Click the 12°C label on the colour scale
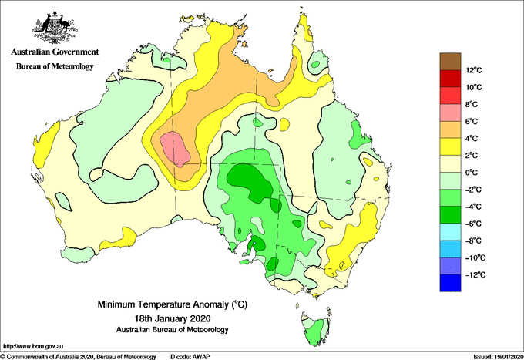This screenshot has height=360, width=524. pos(474,70)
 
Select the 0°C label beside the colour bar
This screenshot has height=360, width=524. pos(471,173)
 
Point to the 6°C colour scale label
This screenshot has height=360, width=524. pos(471,122)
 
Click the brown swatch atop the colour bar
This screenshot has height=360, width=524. pos(450,62)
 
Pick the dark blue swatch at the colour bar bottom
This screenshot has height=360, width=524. pos(450,283)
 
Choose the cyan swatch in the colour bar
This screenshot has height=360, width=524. pos(450,232)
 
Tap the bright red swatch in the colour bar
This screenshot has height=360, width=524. pos(450,96)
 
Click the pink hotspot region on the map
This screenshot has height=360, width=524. pos(175,149)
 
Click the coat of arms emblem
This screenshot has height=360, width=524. pos(55,28)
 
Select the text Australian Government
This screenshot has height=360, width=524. pos(55,52)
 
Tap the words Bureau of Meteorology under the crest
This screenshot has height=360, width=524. pos(55,66)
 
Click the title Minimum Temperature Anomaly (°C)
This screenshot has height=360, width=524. pos(172,304)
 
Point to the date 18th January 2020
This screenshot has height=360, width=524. pos(173,318)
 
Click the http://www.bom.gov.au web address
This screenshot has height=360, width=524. pos(33,346)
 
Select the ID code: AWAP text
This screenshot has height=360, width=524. pos(190,357)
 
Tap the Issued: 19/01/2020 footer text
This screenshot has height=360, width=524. pos(499,357)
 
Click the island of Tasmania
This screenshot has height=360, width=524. pos(316,329)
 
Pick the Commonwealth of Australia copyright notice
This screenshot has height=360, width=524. pos(79,357)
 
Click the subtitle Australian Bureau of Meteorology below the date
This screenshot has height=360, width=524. pos(173,330)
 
